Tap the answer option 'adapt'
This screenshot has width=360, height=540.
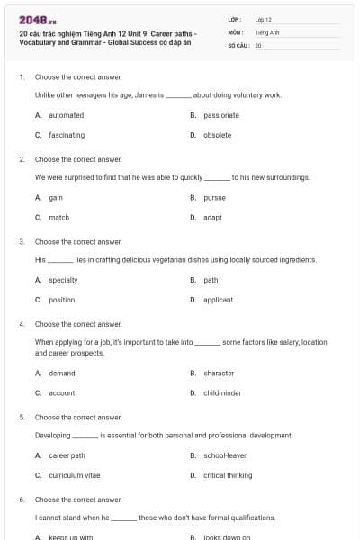pos(212,217)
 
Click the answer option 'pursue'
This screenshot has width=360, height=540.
pos(214,197)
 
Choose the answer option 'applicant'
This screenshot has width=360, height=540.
pos(218,300)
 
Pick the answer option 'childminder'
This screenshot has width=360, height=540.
pos(222,393)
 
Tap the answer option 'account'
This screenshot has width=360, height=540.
pos(62,393)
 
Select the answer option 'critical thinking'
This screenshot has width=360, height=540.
pos(228,475)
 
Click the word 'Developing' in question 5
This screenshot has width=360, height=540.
pos(52,435)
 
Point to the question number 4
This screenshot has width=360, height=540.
pos(22,324)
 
